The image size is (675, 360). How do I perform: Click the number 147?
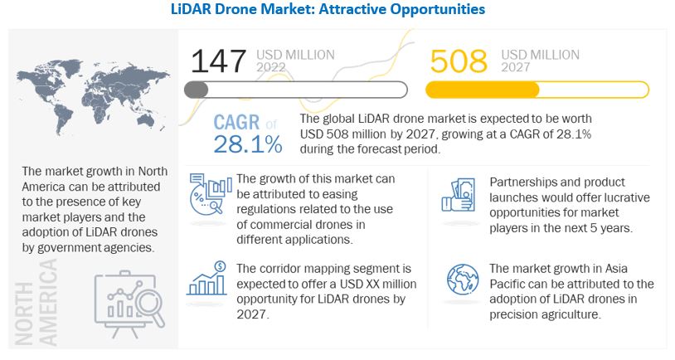pos(219,61)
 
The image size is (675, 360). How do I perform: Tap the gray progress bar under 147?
pos(296,90)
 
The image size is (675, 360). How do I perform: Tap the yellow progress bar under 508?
pos(537,90)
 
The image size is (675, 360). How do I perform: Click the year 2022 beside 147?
pos(274,68)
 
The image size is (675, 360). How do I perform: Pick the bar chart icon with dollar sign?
pos(207,279)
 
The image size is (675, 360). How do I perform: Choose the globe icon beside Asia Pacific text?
pos(460,280)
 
